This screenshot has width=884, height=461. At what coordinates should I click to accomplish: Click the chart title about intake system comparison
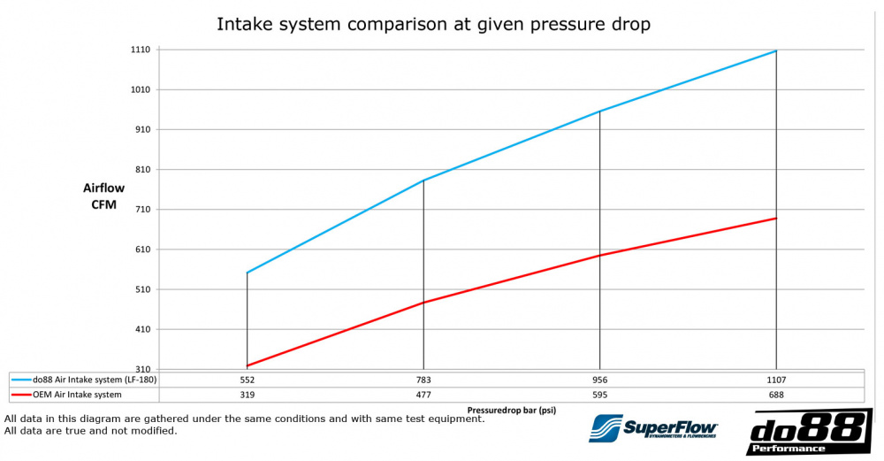click(433, 24)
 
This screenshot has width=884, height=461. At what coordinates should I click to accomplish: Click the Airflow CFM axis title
click(103, 196)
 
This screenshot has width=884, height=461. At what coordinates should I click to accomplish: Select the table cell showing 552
click(247, 380)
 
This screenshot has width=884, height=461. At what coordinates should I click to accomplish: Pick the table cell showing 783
click(423, 380)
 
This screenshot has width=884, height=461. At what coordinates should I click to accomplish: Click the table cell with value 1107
click(776, 380)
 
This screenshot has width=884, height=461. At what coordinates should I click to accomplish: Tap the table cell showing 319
click(247, 395)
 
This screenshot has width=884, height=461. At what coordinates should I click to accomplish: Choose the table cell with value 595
click(599, 395)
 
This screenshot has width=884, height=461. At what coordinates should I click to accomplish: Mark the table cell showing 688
click(776, 395)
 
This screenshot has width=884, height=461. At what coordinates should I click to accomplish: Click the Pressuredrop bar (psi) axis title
click(511, 411)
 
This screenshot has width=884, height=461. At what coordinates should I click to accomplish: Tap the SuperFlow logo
click(653, 429)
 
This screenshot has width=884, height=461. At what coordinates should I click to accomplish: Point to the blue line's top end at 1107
click(776, 51)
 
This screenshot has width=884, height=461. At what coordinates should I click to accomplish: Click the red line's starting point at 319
click(248, 365)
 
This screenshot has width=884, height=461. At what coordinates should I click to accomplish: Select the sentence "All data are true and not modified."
click(91, 431)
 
